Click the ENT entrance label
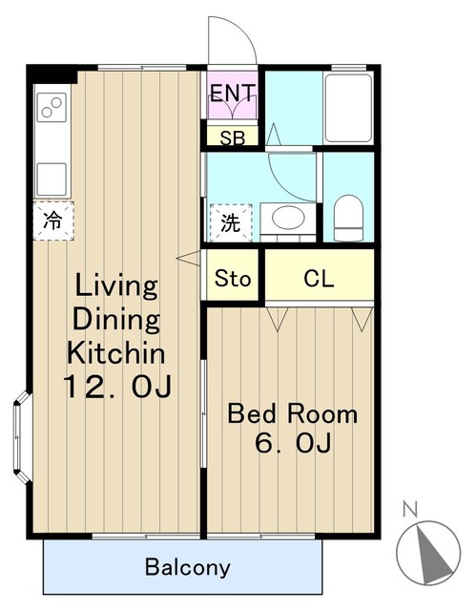(x=233, y=93)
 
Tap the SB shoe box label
(x=233, y=137)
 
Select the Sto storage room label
(x=233, y=278)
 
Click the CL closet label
(x=319, y=278)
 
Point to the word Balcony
(x=188, y=567)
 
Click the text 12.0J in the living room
(x=117, y=387)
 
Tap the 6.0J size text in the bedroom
(x=293, y=442)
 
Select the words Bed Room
(x=292, y=413)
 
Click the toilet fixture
(x=348, y=219)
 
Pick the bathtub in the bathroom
(x=348, y=108)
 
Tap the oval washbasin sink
(x=288, y=218)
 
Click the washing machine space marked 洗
(x=231, y=222)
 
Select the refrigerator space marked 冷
(x=53, y=221)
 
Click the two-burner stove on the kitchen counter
(x=52, y=107)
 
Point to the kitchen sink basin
(x=52, y=179)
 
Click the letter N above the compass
(x=410, y=509)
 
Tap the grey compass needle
(x=432, y=554)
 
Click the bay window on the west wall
(x=22, y=437)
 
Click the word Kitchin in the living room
(x=116, y=352)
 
